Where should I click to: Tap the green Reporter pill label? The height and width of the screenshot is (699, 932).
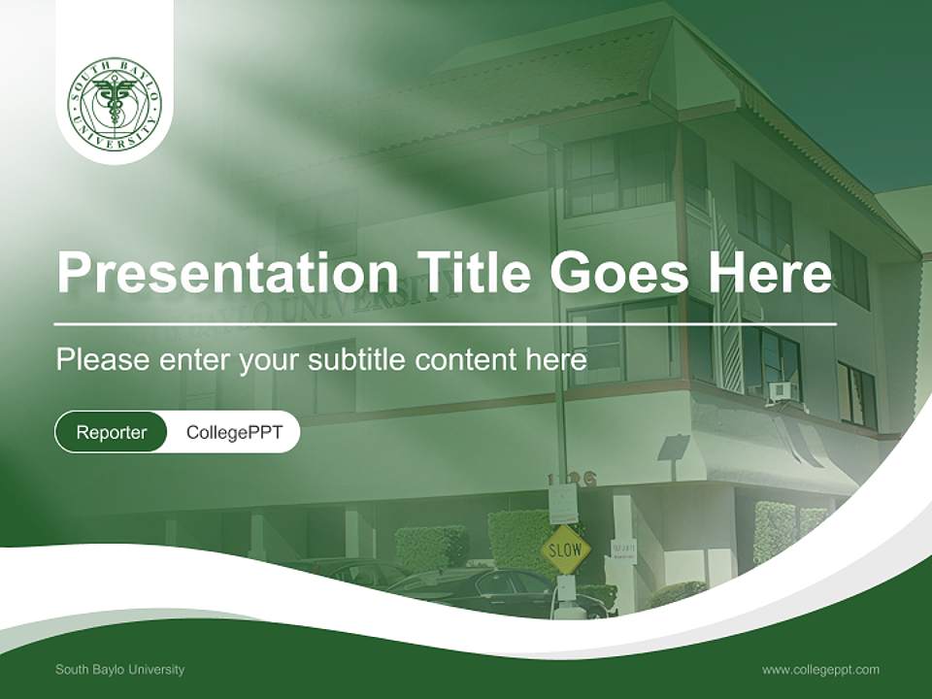[112, 432]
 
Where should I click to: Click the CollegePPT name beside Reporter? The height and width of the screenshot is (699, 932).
[234, 432]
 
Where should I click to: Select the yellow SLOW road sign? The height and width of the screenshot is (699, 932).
[565, 550]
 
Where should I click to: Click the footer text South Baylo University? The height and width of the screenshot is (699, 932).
[119, 669]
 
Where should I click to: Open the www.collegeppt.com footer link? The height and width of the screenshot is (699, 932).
[820, 669]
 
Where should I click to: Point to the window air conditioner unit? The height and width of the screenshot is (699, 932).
[782, 392]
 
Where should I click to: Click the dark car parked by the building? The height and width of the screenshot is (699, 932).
[495, 590]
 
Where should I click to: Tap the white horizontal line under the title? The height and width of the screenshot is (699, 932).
[446, 323]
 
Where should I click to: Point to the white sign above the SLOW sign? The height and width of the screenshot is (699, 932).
[562, 503]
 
